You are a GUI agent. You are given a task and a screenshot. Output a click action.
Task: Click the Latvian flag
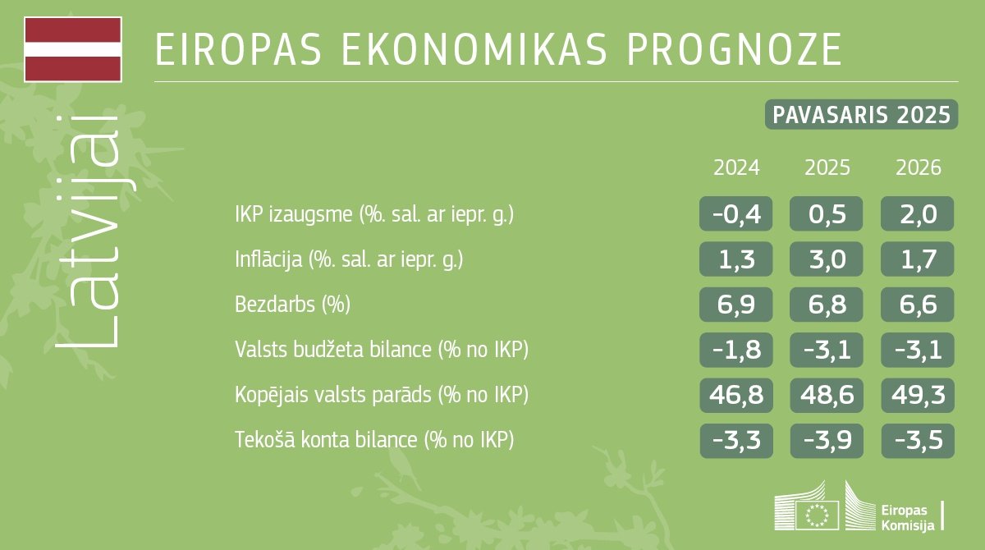(73, 49)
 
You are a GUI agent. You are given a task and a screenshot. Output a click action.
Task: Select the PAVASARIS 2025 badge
(861, 115)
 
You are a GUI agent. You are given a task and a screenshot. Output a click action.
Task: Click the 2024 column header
(736, 168)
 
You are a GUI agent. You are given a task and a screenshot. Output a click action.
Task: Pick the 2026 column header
(919, 168)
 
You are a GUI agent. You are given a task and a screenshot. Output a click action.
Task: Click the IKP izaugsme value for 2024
(736, 214)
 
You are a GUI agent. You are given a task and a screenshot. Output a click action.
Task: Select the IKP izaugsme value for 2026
(918, 214)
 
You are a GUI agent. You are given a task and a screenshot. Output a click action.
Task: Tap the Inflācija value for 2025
(827, 259)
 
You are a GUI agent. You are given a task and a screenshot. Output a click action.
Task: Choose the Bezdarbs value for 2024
(736, 305)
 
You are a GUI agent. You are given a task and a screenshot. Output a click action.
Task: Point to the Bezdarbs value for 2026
(918, 305)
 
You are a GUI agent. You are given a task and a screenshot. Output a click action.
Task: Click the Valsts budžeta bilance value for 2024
(736, 350)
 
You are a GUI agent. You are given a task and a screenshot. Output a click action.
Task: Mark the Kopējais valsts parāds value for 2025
(827, 395)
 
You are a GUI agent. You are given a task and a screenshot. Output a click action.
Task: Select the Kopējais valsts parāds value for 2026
(918, 395)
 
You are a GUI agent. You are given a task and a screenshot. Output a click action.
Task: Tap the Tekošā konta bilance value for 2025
(827, 440)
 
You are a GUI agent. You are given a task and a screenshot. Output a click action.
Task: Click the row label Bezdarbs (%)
(292, 305)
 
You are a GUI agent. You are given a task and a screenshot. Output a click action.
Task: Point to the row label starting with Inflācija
(349, 260)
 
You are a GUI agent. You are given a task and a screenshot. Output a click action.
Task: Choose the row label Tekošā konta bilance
(373, 440)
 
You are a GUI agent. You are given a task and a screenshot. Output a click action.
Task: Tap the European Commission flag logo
(818, 515)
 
